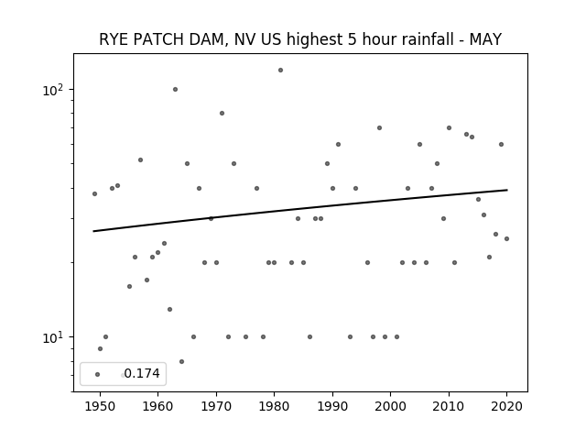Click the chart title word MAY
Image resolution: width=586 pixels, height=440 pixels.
click(485, 39)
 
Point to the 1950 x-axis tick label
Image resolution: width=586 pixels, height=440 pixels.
click(100, 406)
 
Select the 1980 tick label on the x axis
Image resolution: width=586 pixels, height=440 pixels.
click(274, 406)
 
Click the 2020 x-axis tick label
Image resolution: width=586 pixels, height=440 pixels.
click(506, 406)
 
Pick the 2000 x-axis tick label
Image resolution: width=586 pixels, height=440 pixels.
click(391, 406)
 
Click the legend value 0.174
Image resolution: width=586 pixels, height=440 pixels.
click(142, 373)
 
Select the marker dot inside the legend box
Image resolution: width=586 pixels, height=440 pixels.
click(98, 375)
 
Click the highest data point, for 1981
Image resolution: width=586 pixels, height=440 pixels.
click(281, 71)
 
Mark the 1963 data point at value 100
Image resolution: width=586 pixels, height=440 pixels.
click(175, 90)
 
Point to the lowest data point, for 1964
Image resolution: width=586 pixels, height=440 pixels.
click(181, 362)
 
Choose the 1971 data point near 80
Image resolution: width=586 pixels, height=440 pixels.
click(222, 114)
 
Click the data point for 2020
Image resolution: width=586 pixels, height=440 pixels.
click(506, 238)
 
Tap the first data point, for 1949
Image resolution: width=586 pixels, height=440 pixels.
click(94, 193)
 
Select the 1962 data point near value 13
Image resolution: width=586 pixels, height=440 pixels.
click(169, 310)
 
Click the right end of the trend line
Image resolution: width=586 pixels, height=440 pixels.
click(507, 190)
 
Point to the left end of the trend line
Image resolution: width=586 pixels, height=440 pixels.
click(93, 231)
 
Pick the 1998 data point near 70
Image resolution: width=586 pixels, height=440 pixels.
click(379, 128)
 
